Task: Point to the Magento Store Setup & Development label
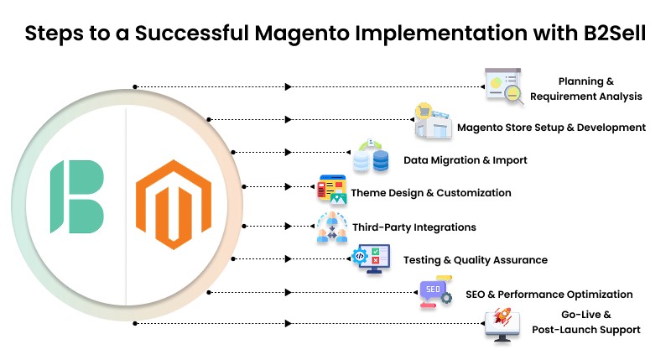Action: coord(551,128)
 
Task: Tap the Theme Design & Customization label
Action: coord(431,193)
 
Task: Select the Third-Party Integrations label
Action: coord(414,227)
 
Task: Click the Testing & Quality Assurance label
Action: coord(476,260)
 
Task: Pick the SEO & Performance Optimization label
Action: coord(549,295)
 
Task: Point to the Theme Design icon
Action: coord(332,192)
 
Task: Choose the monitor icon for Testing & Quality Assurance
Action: coord(370,258)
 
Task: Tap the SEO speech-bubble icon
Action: coord(435,292)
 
